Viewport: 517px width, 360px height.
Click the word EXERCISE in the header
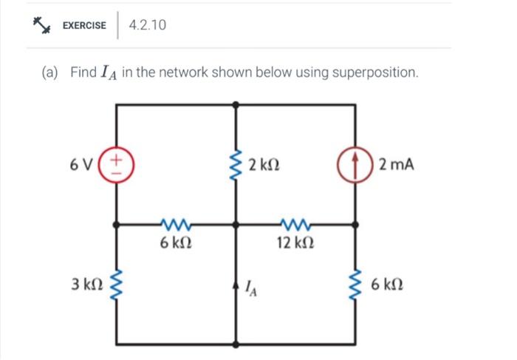click(83, 26)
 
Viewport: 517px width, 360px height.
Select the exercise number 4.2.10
click(147, 25)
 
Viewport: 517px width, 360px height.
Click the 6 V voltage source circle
click(119, 163)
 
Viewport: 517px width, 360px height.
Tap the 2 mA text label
click(396, 163)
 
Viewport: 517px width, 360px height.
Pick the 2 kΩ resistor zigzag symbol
click(237, 164)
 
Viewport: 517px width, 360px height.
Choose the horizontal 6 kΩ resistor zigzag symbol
click(177, 223)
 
